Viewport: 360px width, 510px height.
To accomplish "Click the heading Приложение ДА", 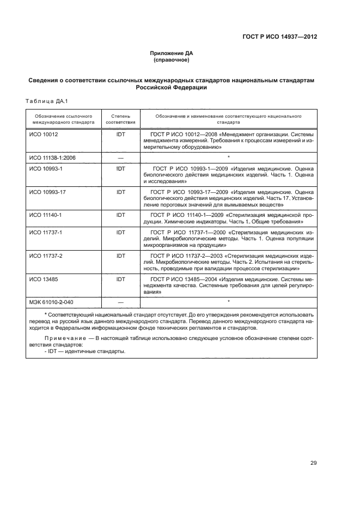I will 172,53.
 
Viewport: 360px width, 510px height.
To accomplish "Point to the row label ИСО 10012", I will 43,133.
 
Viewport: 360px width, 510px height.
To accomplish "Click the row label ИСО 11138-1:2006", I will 52,157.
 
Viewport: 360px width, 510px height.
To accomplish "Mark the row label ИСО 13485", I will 43,279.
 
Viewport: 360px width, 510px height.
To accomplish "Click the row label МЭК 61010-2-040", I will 51,302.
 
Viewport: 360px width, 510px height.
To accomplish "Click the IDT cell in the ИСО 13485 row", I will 120,279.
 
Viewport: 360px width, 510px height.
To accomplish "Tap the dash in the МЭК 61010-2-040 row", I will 120,302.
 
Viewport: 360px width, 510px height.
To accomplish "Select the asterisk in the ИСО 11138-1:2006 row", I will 229,157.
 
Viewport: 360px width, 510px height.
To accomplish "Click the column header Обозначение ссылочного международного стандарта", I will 63,119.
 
